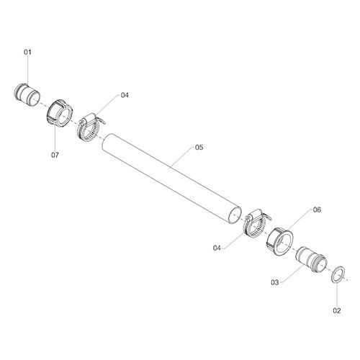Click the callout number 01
(27, 53)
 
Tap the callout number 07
(55, 155)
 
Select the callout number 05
(199, 148)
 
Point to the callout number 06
(317, 210)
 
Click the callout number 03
(275, 282)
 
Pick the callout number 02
(337, 311)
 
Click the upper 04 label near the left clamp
(125, 95)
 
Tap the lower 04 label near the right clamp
(217, 248)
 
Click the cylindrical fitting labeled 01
(27, 94)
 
